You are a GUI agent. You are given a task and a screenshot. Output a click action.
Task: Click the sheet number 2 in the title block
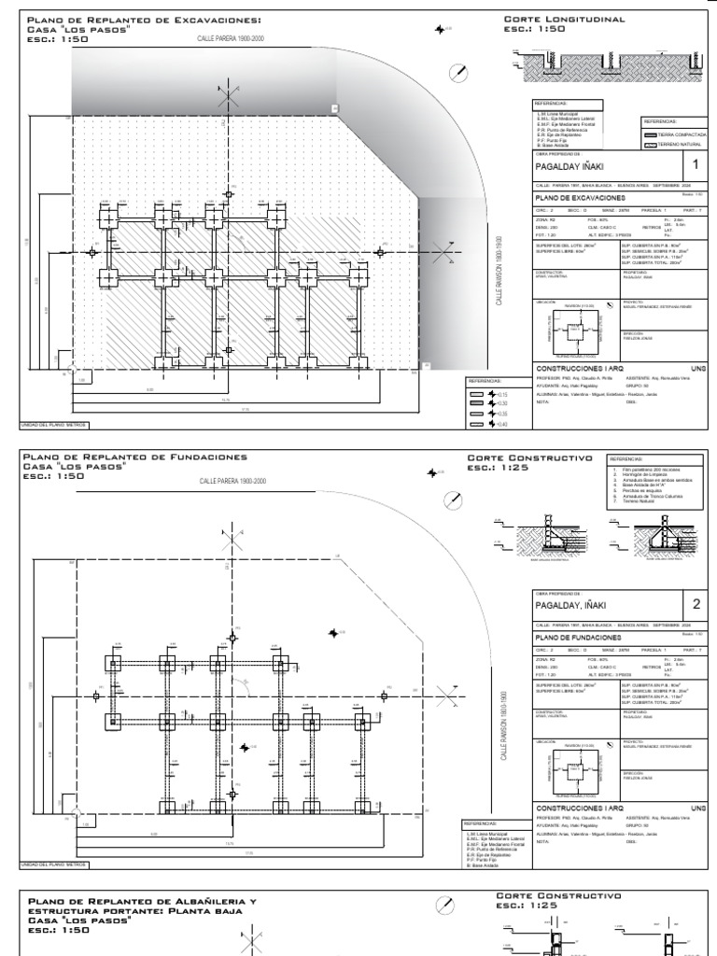pos(696,605)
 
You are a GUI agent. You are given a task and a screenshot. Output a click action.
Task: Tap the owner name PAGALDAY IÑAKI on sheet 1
pos(571,167)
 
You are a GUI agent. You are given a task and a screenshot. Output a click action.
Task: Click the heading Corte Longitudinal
pos(564,19)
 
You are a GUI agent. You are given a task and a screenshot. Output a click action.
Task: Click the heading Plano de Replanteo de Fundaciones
pos(136,457)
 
